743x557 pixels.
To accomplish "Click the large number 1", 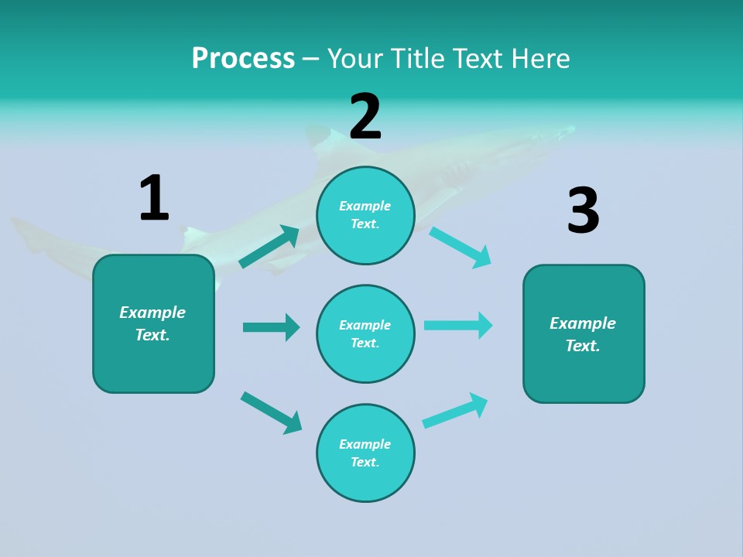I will point(154,199).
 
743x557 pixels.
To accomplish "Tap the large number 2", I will point(365,116).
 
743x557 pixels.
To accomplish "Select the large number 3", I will point(583,211).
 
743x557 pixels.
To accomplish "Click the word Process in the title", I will point(243,58).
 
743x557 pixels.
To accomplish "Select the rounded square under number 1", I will point(153,323).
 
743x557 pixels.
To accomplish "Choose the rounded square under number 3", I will point(584,334).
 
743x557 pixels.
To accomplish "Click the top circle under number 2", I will point(365,215).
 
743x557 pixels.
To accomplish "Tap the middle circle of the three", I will point(365,333).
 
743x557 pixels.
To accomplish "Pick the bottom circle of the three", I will point(365,453).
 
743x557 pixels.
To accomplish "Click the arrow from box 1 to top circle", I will point(269,247).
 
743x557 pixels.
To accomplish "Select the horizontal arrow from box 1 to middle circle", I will point(271,327).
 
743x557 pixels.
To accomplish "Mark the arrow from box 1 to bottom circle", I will point(271,412).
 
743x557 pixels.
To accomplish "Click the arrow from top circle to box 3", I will point(461,247).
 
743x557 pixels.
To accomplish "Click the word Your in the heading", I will point(354,58).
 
